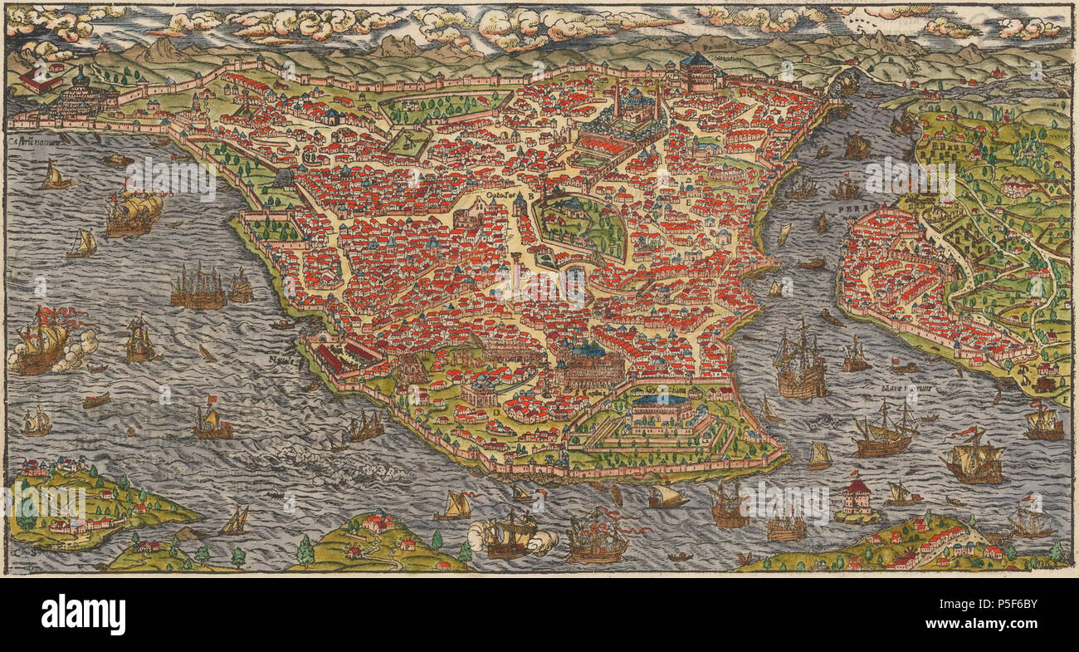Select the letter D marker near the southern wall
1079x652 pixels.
[496, 409]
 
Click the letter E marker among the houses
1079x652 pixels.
[687, 201]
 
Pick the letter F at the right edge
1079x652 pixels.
[1065, 400]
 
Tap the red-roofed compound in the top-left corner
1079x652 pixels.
[40, 80]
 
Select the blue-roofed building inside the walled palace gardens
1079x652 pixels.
[661, 407]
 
